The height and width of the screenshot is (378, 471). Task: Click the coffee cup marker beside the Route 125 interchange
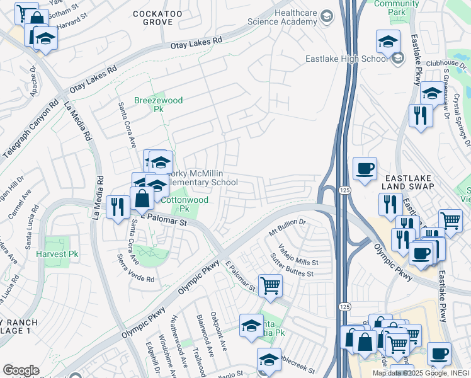pyautogui.click(x=365, y=169)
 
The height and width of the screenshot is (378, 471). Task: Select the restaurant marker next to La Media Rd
pyautogui.click(x=118, y=205)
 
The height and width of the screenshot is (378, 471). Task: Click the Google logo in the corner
pyautogui.click(x=20, y=370)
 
